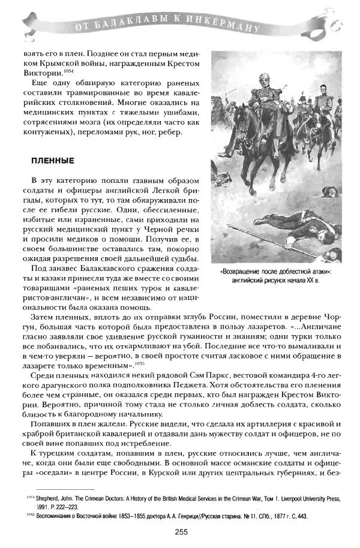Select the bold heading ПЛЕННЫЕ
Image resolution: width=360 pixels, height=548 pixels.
52,161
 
